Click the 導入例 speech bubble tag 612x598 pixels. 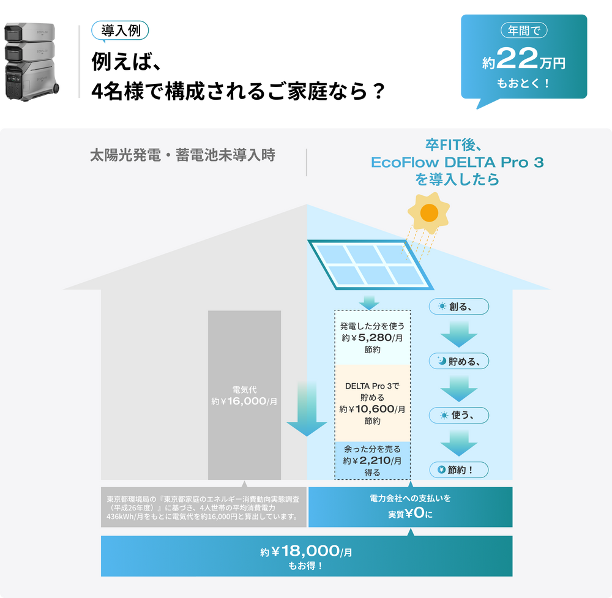pos(120,31)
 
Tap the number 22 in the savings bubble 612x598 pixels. pos(517,59)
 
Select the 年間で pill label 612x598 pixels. pos(524,30)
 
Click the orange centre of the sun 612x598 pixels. pos(429,213)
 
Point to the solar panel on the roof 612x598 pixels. pos(370,264)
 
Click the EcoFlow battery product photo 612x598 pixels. pos(31,62)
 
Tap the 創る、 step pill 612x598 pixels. pos(458,307)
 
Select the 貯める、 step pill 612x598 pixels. pos(458,361)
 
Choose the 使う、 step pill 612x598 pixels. pos(458,416)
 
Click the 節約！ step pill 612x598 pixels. pos(458,469)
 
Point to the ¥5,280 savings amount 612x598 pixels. pos(371,338)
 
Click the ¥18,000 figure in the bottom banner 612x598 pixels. pos(305,551)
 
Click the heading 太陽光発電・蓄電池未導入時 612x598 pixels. pos(182,155)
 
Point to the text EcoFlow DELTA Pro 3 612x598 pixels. pos(457,162)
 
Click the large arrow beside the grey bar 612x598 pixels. pos(307,408)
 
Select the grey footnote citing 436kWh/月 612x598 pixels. pos(203,507)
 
